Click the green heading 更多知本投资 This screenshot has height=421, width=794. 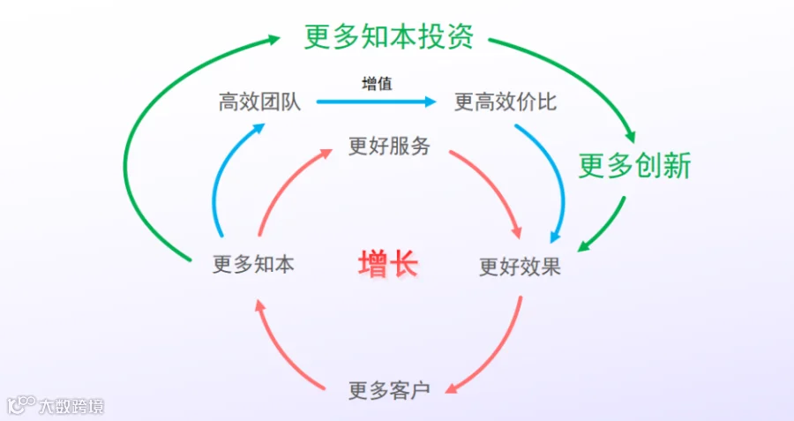tap(389, 36)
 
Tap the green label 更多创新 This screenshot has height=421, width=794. tap(635, 166)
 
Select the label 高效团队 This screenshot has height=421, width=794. tap(259, 101)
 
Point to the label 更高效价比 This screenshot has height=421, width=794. tap(506, 101)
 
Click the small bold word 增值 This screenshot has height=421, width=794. tap(378, 83)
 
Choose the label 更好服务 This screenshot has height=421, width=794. tap(389, 146)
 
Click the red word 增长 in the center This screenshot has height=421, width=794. tap(388, 263)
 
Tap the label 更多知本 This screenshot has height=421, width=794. tap(253, 264)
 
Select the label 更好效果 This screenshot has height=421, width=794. tap(520, 267)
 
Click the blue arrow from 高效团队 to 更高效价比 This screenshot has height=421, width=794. tap(376, 101)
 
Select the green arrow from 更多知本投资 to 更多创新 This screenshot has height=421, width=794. tap(582, 76)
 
